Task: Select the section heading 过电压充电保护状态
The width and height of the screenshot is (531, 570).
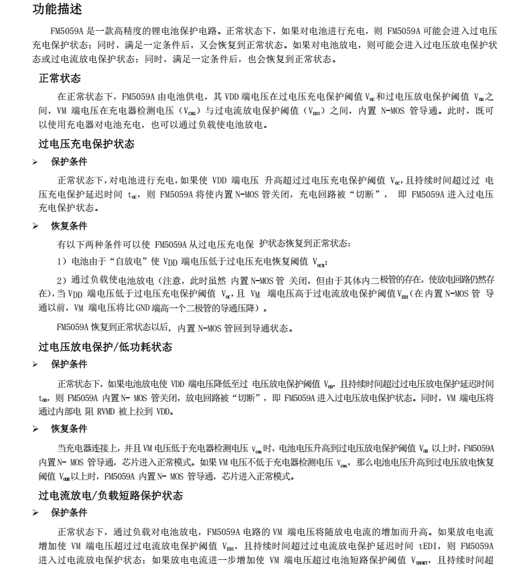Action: tap(86, 144)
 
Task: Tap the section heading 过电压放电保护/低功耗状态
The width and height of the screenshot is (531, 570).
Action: tap(105, 347)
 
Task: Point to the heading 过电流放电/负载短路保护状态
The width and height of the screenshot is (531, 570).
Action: tap(110, 496)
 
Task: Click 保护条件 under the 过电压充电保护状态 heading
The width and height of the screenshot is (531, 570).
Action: tap(69, 161)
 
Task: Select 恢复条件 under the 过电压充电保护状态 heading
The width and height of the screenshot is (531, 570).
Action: tap(69, 226)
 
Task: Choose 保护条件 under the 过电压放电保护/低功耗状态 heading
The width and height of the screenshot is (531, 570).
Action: tap(69, 364)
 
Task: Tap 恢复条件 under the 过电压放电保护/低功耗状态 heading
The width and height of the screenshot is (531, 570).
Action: tap(69, 429)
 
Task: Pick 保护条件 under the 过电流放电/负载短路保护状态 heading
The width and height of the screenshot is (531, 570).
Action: tap(69, 513)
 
